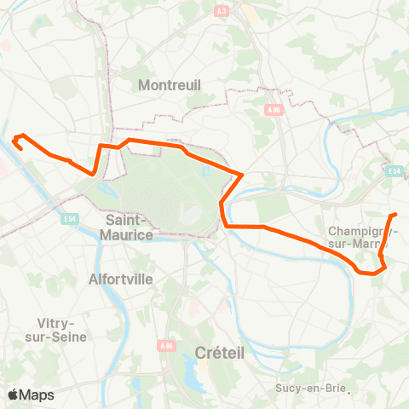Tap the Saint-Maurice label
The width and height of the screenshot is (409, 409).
[x=129, y=227]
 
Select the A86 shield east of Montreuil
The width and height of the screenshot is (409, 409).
[x=274, y=109]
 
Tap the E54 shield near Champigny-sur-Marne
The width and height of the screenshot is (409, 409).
[x=394, y=171]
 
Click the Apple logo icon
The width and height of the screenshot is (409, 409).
[x=13, y=395]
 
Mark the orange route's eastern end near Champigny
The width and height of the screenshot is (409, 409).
[x=396, y=215]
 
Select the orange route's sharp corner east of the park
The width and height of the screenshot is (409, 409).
[x=243, y=176]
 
